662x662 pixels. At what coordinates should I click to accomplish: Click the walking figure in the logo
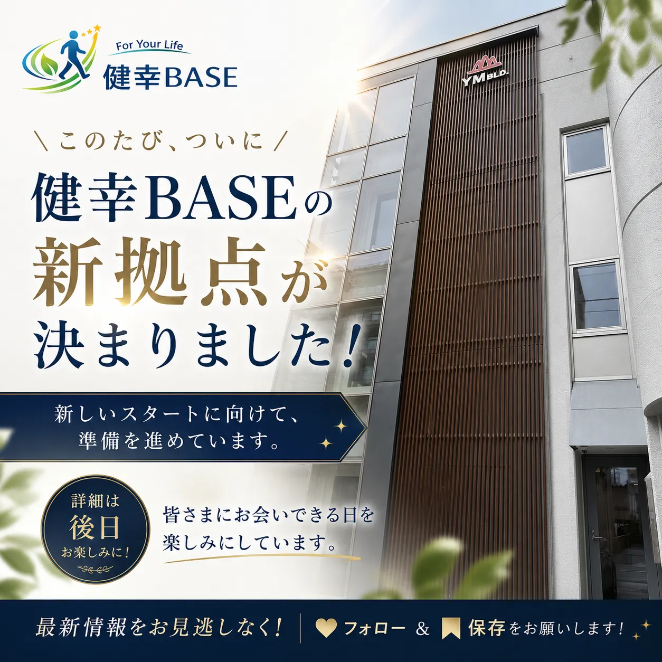(x=73, y=55)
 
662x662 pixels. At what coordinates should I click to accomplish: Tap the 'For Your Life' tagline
(x=149, y=45)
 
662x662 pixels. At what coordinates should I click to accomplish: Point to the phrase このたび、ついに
(x=161, y=140)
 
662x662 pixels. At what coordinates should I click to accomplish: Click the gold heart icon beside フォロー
(x=326, y=628)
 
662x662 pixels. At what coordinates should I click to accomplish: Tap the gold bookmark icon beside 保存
(x=451, y=628)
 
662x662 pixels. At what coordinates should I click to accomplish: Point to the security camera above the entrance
(x=584, y=449)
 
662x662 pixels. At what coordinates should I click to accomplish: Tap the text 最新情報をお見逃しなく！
(x=159, y=628)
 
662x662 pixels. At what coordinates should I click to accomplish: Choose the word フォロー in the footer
(x=374, y=628)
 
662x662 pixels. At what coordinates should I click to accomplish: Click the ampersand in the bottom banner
(x=422, y=628)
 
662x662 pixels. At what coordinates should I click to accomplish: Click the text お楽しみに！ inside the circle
(x=95, y=553)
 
